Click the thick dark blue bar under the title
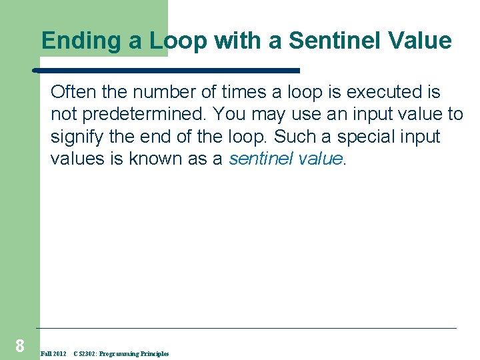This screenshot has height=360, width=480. pyautogui.click(x=167, y=69)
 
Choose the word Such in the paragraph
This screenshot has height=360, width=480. pyautogui.click(x=295, y=137)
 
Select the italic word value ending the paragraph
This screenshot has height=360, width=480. pyautogui.click(x=319, y=159)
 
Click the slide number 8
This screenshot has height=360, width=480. pyautogui.click(x=19, y=345)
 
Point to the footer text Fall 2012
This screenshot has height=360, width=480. pyautogui.click(x=53, y=354)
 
